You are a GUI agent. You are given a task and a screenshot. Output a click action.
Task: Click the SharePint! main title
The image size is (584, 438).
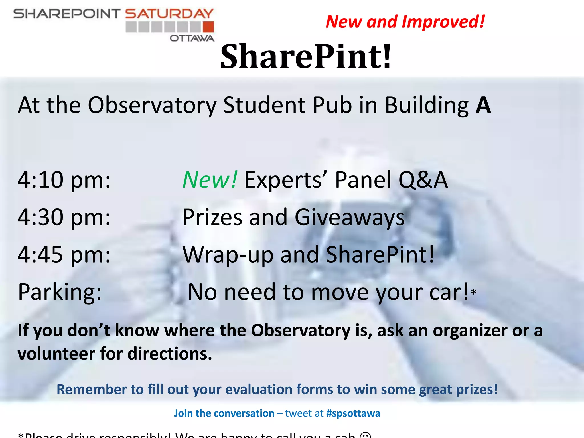click(306, 56)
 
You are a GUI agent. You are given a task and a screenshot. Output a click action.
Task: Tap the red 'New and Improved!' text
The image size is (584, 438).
click(405, 22)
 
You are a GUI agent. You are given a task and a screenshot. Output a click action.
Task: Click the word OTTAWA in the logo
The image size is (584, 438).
click(192, 38)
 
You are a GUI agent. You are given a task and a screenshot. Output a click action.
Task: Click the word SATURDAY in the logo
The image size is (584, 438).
click(169, 13)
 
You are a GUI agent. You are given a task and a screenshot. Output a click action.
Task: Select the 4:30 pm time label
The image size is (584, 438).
click(64, 218)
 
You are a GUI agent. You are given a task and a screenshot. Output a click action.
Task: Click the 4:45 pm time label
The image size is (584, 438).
click(64, 255)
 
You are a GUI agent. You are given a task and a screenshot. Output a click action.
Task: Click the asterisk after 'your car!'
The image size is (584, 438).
click(474, 292)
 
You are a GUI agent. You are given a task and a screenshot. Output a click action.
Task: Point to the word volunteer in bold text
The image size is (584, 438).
click(56, 354)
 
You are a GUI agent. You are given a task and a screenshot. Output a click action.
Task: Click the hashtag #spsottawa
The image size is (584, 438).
click(353, 413)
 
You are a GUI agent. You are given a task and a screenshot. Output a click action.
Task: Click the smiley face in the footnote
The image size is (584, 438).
click(365, 435)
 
